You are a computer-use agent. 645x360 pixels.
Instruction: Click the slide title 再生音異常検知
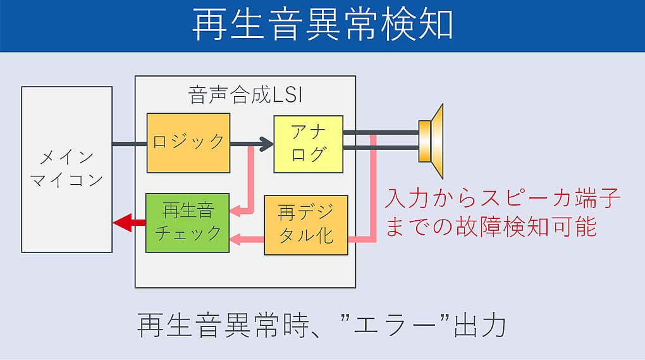(x=322, y=26)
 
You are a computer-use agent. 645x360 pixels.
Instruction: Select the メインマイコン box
(x=66, y=169)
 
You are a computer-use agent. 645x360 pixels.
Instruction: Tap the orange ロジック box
(x=188, y=143)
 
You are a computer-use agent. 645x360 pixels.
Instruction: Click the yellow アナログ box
(x=308, y=144)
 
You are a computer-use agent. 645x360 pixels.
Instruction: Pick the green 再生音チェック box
(x=187, y=223)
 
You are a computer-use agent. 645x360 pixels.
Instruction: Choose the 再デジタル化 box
(x=305, y=225)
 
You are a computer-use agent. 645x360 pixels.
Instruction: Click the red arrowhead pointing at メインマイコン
(x=120, y=222)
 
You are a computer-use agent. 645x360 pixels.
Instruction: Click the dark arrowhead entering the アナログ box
(x=266, y=144)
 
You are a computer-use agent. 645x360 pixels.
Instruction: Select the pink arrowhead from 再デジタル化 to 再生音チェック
(x=235, y=239)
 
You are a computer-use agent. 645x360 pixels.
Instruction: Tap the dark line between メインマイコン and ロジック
(x=130, y=144)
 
